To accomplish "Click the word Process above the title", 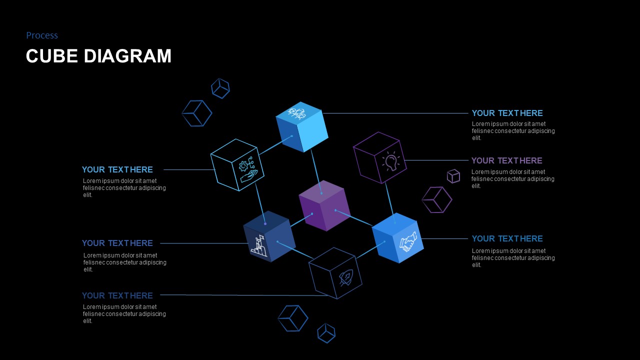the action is tap(42, 35).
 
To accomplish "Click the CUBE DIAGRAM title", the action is tap(98, 55).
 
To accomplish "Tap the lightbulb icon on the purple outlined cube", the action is tap(391, 161).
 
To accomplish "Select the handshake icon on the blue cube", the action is tap(407, 241).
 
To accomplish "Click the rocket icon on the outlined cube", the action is tap(346, 277).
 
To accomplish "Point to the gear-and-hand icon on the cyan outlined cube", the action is tap(248, 169).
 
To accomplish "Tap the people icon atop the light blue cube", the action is tap(296, 113).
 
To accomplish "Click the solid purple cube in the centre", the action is tap(324, 205).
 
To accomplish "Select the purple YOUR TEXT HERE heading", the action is tap(506, 160).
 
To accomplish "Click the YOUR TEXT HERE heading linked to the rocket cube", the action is tap(117, 295).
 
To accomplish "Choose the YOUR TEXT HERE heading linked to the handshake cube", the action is tap(507, 238).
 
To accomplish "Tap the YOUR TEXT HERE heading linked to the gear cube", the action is tap(117, 169).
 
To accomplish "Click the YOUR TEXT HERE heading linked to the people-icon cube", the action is tap(507, 113).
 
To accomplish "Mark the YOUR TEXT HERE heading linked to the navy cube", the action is tap(117, 243).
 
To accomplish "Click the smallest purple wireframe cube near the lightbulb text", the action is tap(453, 176).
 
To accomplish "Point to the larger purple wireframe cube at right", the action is tap(437, 199).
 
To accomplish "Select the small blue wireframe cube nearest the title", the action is tap(220, 88).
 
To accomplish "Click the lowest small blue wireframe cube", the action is tap(326, 333).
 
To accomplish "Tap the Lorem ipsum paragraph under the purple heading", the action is tap(513, 179).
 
